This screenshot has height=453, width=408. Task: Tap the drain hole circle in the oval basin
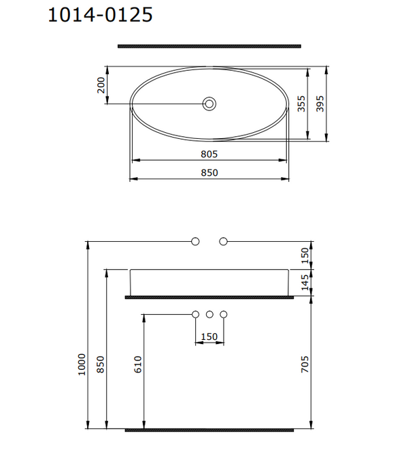[209, 104]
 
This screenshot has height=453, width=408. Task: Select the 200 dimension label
[101, 85]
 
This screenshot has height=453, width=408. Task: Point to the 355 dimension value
[301, 104]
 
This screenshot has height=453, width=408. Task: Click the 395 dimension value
[321, 104]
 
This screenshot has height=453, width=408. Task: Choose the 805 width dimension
[209, 154]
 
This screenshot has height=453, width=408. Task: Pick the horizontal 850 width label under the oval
[209, 173]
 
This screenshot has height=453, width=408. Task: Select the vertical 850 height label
[101, 366]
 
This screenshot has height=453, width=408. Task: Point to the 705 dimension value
[305, 366]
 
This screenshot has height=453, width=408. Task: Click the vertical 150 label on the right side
[305, 255]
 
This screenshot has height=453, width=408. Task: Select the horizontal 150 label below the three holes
[209, 337]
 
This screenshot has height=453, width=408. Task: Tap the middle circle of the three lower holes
[209, 315]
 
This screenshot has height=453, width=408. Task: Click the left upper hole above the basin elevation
[196, 241]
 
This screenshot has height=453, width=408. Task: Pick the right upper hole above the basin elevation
[224, 241]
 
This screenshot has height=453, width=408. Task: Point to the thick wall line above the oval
[209, 46]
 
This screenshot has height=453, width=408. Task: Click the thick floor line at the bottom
[209, 430]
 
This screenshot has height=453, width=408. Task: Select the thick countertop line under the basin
[209, 297]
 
